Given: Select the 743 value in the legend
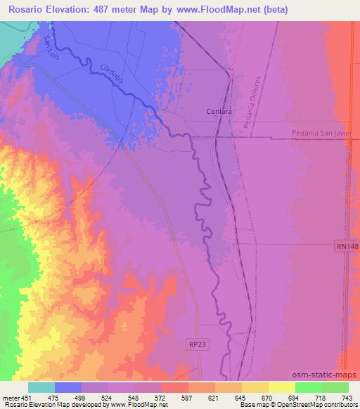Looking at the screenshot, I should point(348,398).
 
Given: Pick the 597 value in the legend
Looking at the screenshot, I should point(187,398).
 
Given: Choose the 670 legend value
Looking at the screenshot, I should point(268,398).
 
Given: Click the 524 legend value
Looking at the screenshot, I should point(108,398).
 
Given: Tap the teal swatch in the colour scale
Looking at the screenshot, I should point(41,387).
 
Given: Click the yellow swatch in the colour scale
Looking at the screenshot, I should point(281,387).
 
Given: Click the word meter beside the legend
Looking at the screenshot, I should point(13,398).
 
